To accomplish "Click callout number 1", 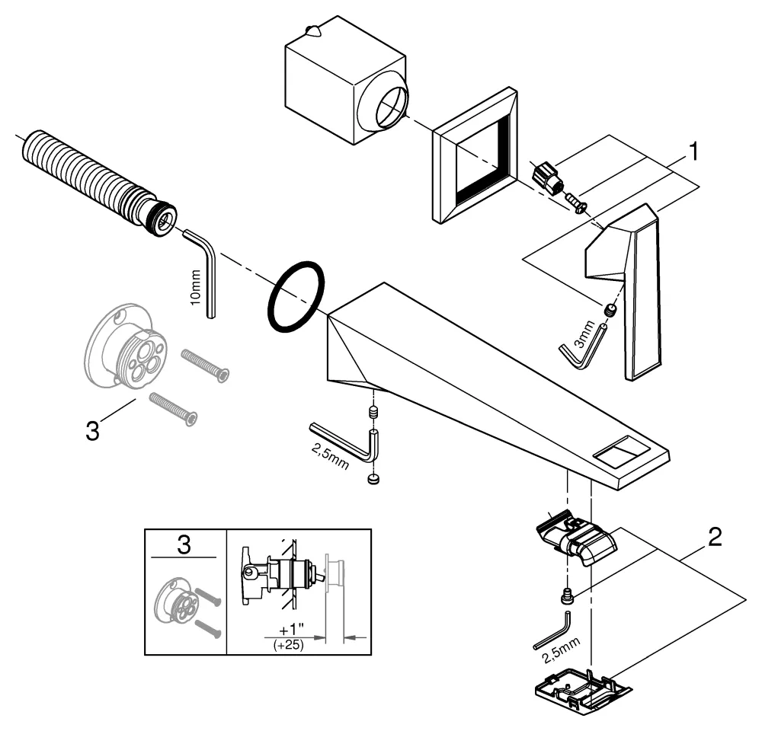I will tap(693, 152).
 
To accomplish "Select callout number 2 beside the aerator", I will tap(714, 538).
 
